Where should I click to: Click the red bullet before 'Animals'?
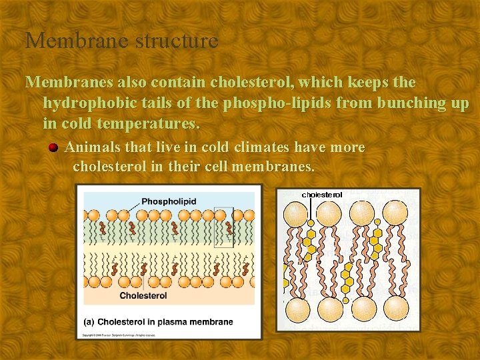(x=53, y=147)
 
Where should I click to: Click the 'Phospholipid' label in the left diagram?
(x=168, y=201)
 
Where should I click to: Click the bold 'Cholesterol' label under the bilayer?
(x=143, y=295)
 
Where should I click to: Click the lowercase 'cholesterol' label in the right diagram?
(x=322, y=195)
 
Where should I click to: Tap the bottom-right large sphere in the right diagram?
(x=396, y=307)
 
